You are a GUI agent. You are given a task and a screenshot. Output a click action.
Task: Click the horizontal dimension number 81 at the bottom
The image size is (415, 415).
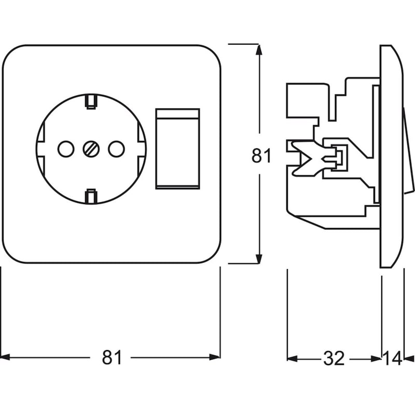coord(112,357)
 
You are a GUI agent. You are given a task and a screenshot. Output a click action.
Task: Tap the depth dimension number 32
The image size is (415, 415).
coord(334,358)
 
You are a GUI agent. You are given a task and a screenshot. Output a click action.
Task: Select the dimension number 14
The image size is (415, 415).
coord(393,358)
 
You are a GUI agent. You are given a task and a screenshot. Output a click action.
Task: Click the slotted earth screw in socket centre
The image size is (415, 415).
coord(90,149)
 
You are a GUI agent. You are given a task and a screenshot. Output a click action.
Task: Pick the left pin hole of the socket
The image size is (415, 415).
coord(65,149)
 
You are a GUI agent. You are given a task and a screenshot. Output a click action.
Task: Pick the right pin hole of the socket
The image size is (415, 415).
coord(115,149)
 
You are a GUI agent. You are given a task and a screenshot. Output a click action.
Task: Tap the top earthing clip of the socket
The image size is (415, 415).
coord(91,101)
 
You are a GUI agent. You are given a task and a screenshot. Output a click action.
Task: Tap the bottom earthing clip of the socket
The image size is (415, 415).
coord(91,196)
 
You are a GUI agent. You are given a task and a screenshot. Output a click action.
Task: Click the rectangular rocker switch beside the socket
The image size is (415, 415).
coord(177,149)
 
